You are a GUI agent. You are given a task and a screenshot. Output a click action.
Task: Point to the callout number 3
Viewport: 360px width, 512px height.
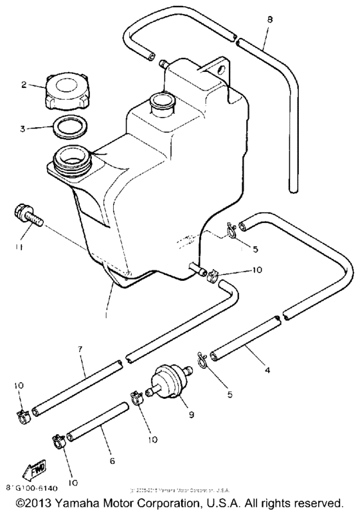(23, 128)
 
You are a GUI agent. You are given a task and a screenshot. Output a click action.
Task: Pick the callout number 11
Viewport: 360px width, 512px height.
(20, 245)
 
